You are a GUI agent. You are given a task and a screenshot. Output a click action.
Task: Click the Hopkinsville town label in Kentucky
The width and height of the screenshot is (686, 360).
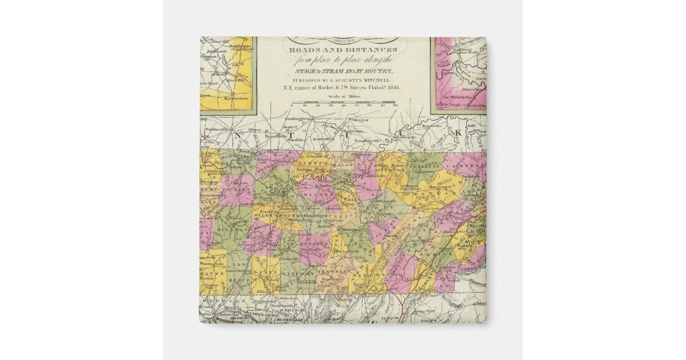click(x=213, y=130)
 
